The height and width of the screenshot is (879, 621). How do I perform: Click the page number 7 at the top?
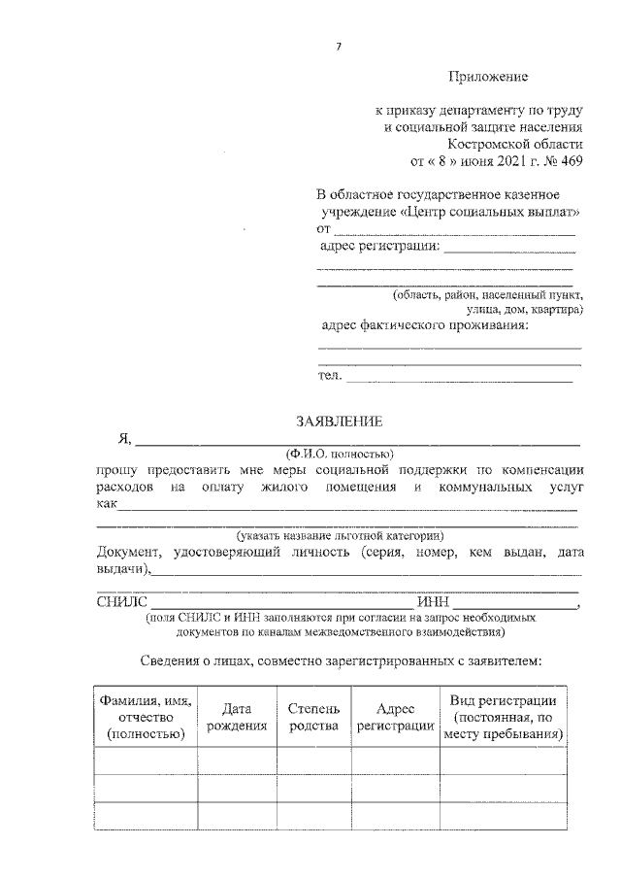click(x=339, y=46)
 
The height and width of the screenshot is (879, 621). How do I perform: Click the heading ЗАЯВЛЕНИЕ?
click(x=339, y=421)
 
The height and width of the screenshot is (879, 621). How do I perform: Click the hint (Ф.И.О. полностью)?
click(x=338, y=454)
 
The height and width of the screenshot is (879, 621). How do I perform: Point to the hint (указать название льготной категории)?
click(x=340, y=536)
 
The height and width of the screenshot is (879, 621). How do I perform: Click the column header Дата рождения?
click(x=237, y=717)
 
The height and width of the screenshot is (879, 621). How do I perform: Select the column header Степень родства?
click(x=313, y=717)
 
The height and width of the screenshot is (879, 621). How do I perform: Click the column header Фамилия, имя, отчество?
click(x=145, y=717)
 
